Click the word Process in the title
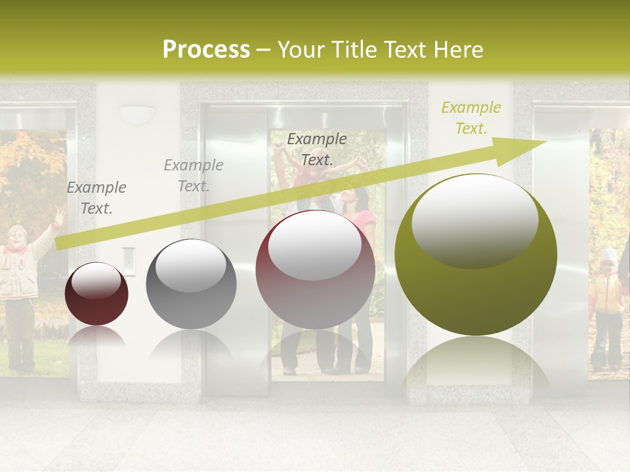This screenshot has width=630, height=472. pyautogui.click(x=206, y=50)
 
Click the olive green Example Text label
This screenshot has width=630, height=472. pyautogui.click(x=471, y=118)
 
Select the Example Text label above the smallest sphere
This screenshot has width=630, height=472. pyautogui.click(x=96, y=198)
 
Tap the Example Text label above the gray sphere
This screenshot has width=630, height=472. pyautogui.click(x=194, y=176)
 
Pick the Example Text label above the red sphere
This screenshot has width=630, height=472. pyautogui.click(x=317, y=149)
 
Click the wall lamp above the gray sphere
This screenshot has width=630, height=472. pyautogui.click(x=136, y=115)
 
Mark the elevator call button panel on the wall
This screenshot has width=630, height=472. pyautogui.click(x=129, y=260)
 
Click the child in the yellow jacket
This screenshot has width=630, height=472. pyautogui.click(x=608, y=302)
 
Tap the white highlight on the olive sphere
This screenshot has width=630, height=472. pyautogui.click(x=474, y=220)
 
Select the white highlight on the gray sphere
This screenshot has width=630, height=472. pyautogui.click(x=190, y=265)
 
